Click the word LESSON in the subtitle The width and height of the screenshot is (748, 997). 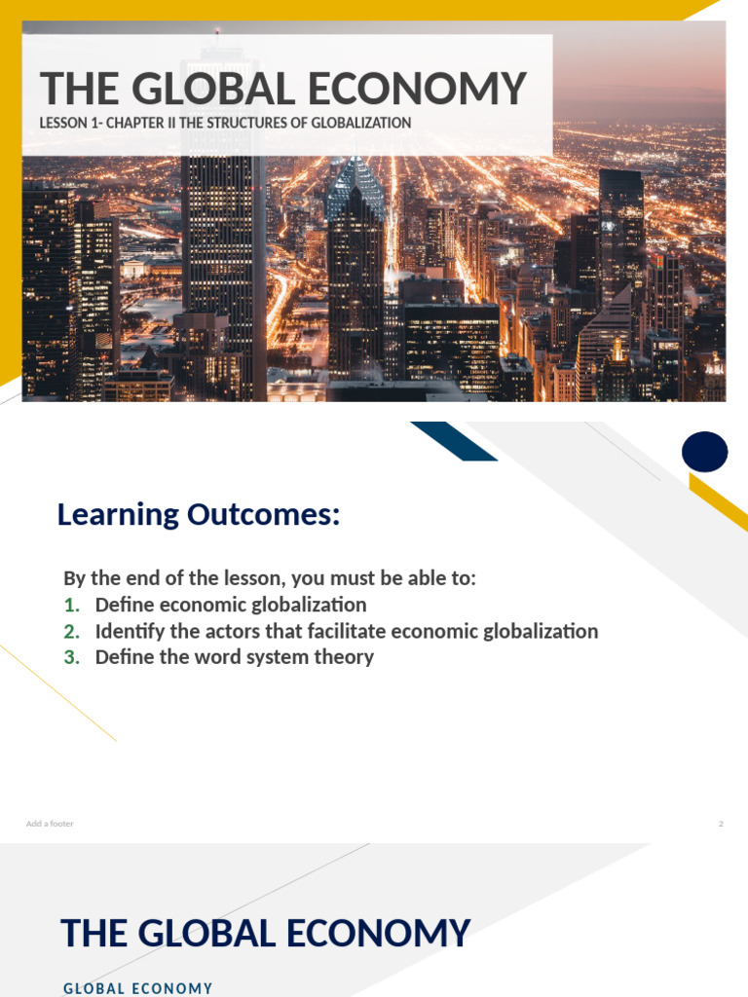pyautogui.click(x=63, y=123)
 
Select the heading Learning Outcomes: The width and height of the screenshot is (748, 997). pyautogui.click(x=199, y=514)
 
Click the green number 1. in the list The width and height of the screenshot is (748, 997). pyautogui.click(x=71, y=605)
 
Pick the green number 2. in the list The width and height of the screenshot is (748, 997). pyautogui.click(x=71, y=631)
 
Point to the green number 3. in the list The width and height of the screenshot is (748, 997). pyautogui.click(x=71, y=657)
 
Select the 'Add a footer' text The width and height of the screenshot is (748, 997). pyautogui.click(x=50, y=824)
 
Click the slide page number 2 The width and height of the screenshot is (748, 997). pyautogui.click(x=721, y=824)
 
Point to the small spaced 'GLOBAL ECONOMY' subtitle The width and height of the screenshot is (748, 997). pyautogui.click(x=137, y=988)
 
